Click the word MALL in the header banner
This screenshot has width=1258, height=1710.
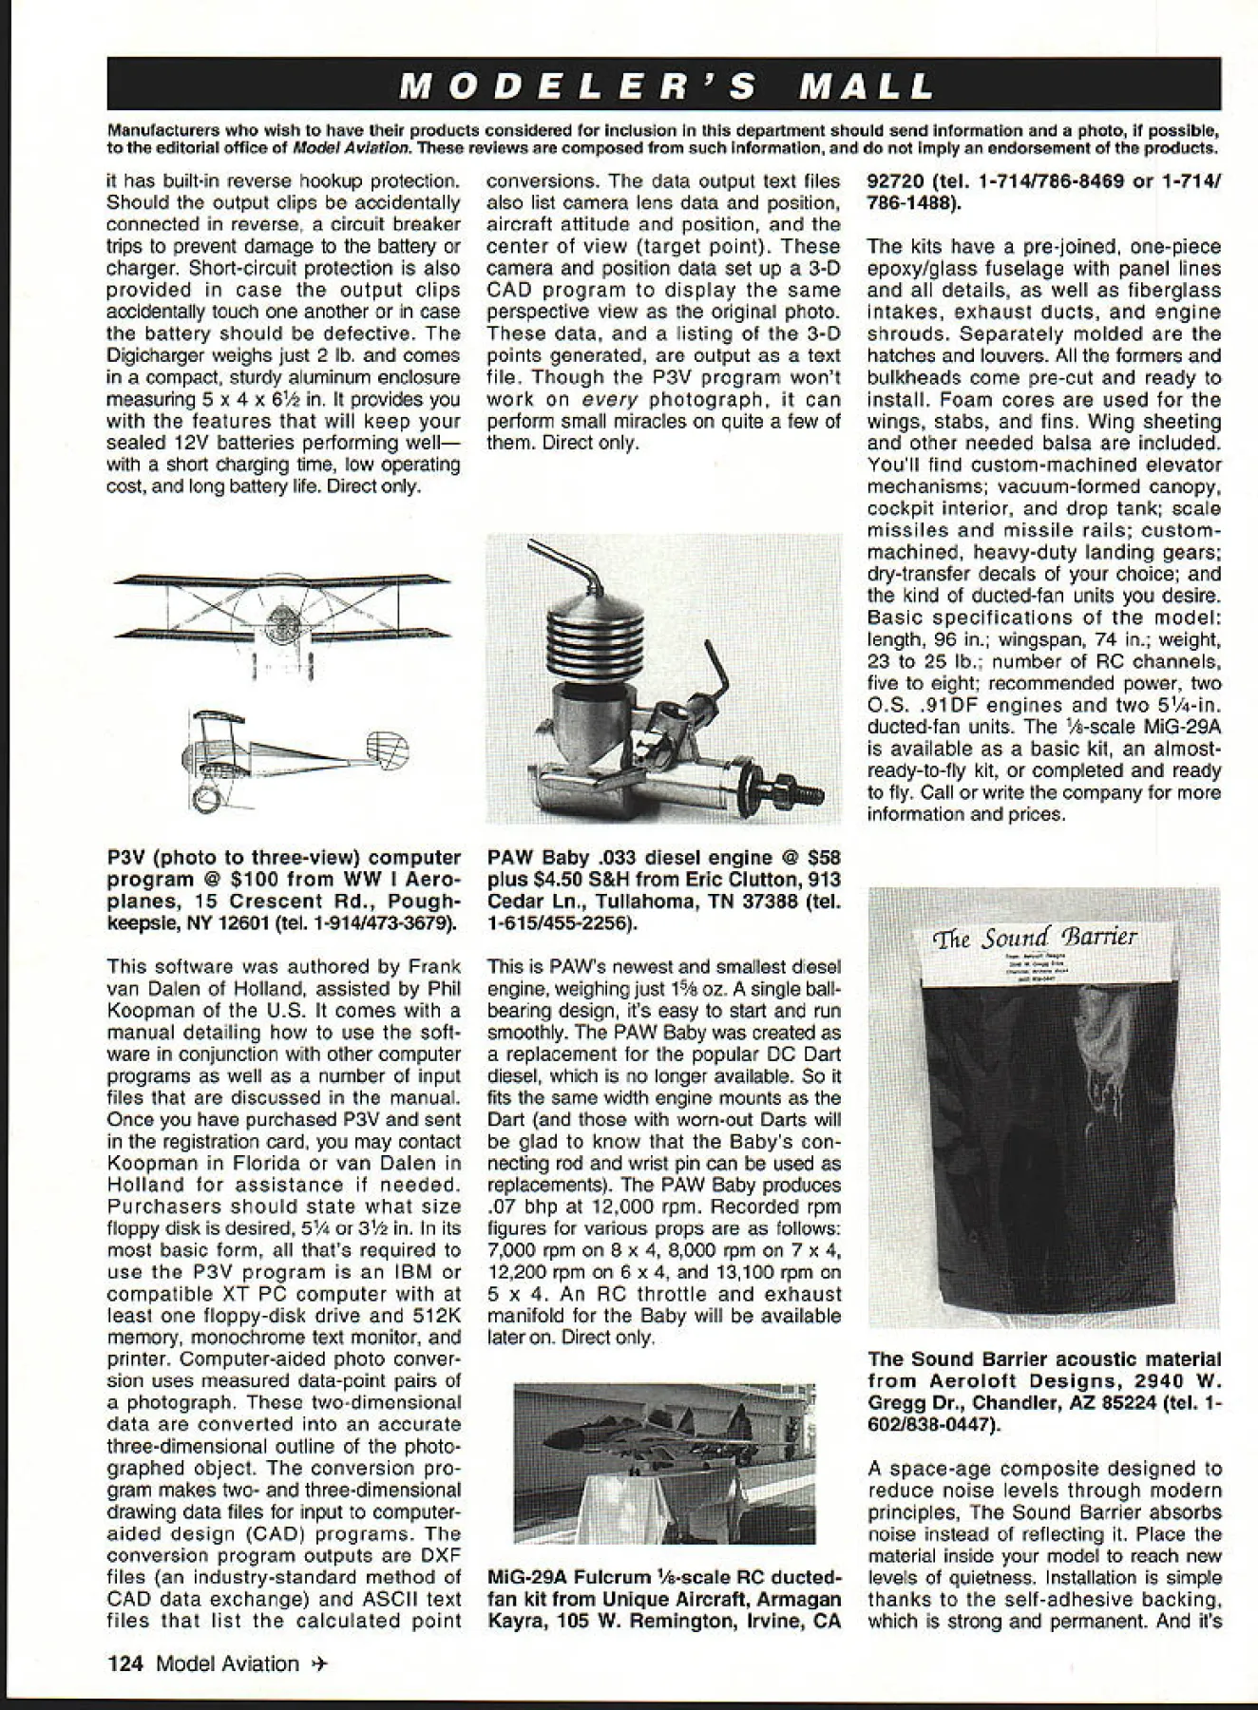pyautogui.click(x=866, y=86)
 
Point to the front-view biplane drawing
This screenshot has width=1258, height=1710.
pyautogui.click(x=280, y=617)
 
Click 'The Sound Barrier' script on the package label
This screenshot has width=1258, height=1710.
pyautogui.click(x=1036, y=940)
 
